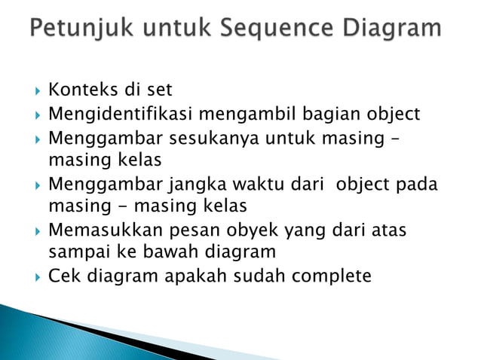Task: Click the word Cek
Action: coord(63,276)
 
